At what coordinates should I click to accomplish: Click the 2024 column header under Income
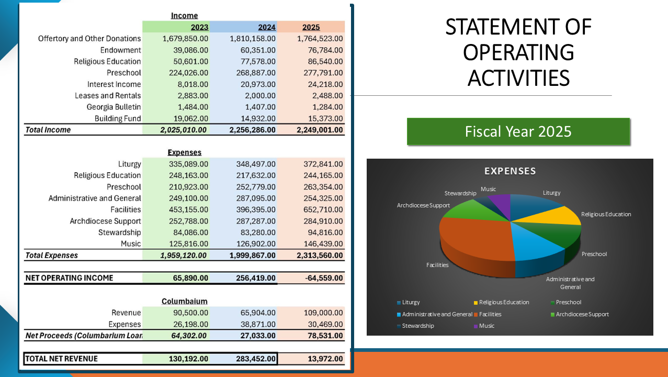pyautogui.click(x=267, y=27)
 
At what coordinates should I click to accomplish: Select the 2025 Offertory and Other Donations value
pyautogui.click(x=320, y=39)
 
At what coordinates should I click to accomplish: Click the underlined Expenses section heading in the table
pyautogui.click(x=184, y=152)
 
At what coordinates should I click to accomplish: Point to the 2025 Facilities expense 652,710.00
pyautogui.click(x=323, y=209)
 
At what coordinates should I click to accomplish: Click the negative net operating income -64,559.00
pyautogui.click(x=324, y=278)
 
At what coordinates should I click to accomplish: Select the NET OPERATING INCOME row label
pyautogui.click(x=69, y=278)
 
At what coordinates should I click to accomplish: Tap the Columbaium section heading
pyautogui.click(x=184, y=301)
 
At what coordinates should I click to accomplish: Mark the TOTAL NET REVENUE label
pyautogui.click(x=61, y=359)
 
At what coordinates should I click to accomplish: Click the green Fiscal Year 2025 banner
pyautogui.click(x=518, y=131)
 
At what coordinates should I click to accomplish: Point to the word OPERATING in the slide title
pyautogui.click(x=518, y=52)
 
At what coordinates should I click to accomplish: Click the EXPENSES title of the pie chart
pyautogui.click(x=510, y=171)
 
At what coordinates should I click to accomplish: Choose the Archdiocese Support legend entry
pyautogui.click(x=582, y=314)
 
